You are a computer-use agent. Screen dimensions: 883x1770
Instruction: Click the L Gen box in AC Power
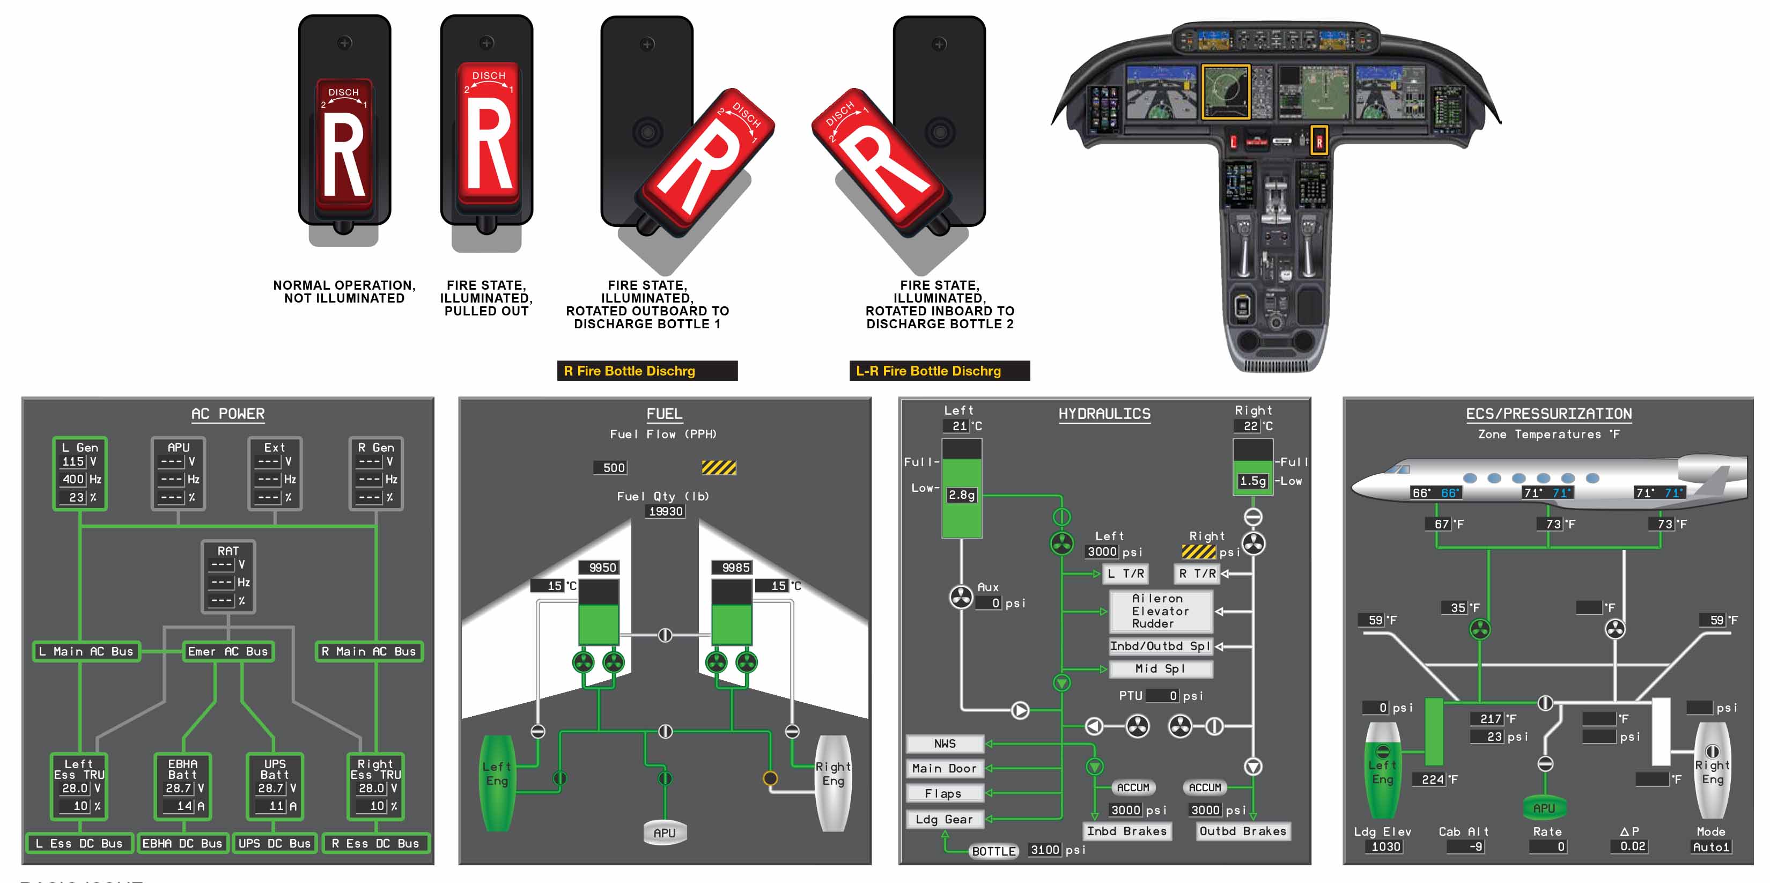80,474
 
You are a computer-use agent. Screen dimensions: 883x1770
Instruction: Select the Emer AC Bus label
228,651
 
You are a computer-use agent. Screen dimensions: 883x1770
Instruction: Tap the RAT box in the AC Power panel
228,576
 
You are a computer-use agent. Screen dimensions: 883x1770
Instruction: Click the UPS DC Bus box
274,843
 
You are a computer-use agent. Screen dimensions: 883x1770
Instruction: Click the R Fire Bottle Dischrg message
646,371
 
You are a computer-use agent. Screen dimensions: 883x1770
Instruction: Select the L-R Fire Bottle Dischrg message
939,371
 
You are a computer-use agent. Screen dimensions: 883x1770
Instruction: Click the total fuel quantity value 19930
666,511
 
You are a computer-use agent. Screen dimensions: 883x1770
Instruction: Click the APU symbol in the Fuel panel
664,832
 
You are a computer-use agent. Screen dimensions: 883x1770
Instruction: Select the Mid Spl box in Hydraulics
1160,668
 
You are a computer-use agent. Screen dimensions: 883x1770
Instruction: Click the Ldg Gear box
945,819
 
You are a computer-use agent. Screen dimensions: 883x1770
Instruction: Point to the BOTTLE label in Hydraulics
993,851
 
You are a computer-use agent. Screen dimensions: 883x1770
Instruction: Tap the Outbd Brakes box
1242,832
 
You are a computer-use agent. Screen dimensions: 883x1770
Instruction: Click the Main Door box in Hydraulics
945,768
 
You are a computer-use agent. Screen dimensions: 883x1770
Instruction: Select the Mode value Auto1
1710,847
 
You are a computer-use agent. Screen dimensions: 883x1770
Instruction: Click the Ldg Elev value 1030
1385,847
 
